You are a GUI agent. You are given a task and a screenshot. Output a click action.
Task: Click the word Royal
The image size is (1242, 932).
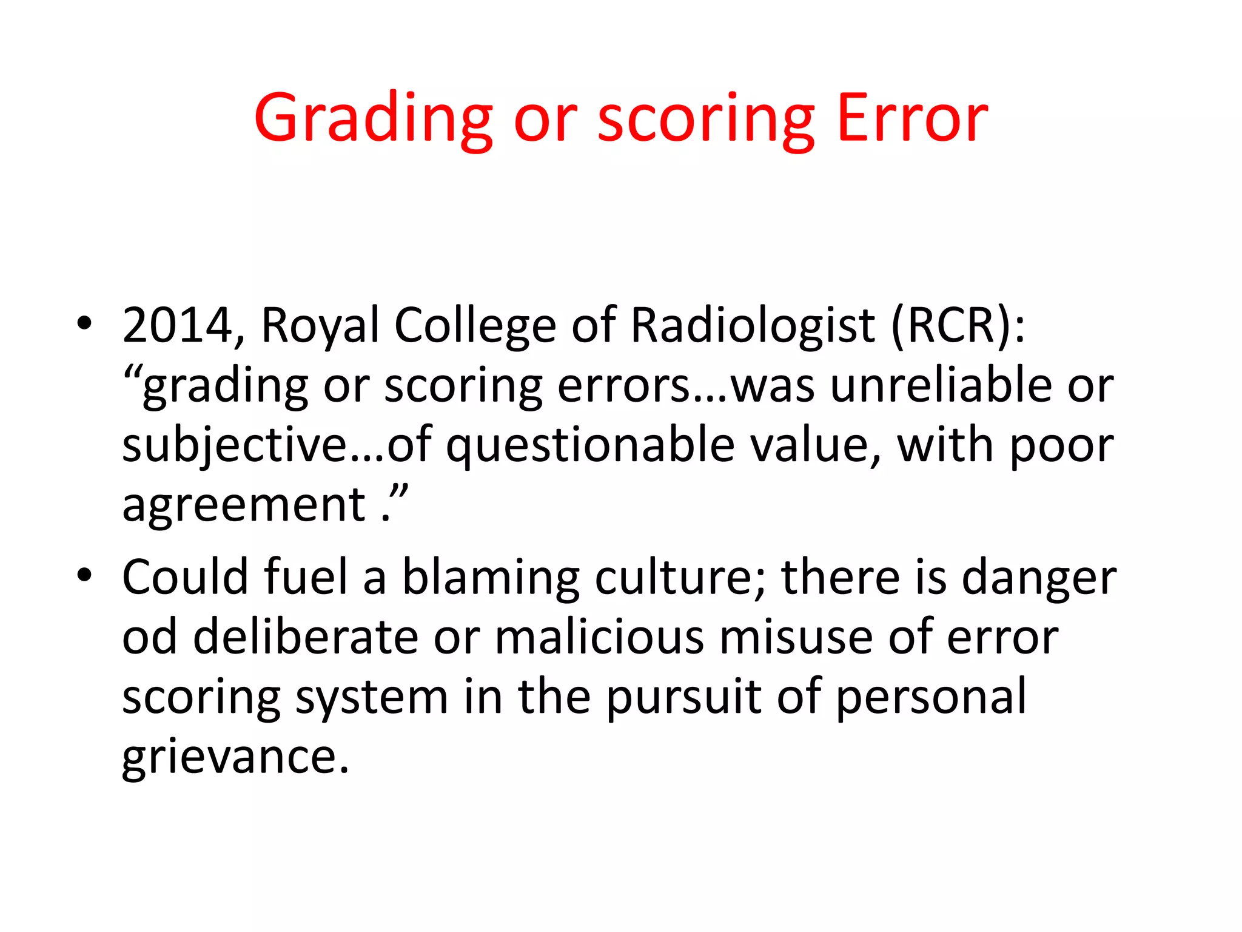[x=320, y=326]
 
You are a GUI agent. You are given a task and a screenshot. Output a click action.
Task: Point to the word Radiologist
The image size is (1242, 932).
[x=753, y=326]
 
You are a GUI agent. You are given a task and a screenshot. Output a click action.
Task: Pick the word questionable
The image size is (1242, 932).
[x=591, y=446]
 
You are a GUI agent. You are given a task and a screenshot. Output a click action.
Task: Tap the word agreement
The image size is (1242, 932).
[x=244, y=505]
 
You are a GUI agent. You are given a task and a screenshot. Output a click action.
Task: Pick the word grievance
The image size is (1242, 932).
[x=235, y=757]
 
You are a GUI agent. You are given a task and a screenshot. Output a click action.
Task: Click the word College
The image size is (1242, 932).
[x=475, y=326]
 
